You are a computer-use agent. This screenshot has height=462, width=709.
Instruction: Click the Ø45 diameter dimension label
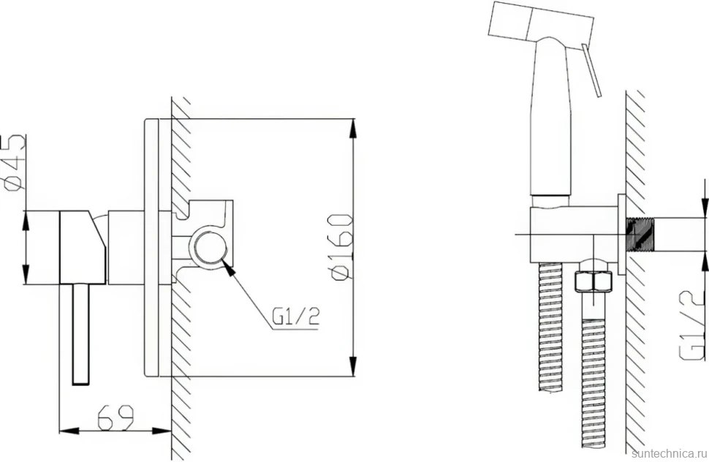tap(15, 163)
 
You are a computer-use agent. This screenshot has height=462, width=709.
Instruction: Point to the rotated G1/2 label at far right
tap(693, 325)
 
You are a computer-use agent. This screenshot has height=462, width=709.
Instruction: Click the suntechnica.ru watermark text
tap(670, 454)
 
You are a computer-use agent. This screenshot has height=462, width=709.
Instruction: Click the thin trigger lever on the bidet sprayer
tap(591, 70)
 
